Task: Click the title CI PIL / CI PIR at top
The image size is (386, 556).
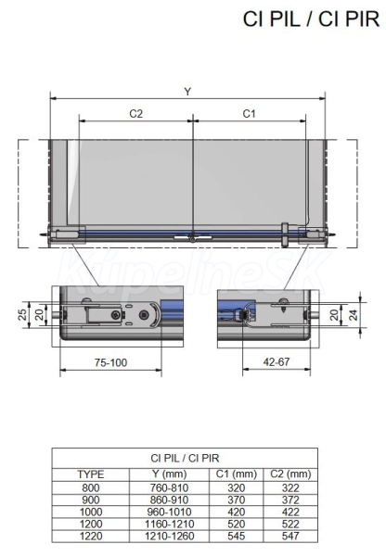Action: click(x=311, y=19)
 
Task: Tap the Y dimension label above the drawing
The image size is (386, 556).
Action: click(x=187, y=92)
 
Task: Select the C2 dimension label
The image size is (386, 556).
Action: click(x=136, y=113)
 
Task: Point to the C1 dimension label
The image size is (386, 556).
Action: click(x=249, y=113)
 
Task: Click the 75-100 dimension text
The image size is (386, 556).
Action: click(x=110, y=362)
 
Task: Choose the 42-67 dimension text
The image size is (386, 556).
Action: click(x=277, y=361)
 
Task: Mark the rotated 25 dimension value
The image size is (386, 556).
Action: click(x=23, y=314)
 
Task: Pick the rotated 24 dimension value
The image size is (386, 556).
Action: click(x=354, y=314)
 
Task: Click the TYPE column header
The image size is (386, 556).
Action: click(x=91, y=474)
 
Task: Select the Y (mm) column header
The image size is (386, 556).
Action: click(x=170, y=474)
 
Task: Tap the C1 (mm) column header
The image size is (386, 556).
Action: click(x=237, y=474)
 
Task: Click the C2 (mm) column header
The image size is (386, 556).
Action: click(x=290, y=474)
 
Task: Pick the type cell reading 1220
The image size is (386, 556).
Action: click(x=91, y=536)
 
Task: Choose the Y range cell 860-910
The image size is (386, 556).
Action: click(x=170, y=499)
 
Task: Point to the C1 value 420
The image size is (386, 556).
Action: click(x=237, y=512)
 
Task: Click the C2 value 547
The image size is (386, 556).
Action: click(x=290, y=536)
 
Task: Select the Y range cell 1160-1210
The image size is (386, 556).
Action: click(x=170, y=524)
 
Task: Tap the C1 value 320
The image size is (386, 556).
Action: click(x=237, y=487)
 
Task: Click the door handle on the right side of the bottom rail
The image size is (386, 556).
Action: click(x=285, y=234)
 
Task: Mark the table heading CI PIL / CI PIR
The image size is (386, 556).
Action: click(x=185, y=458)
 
